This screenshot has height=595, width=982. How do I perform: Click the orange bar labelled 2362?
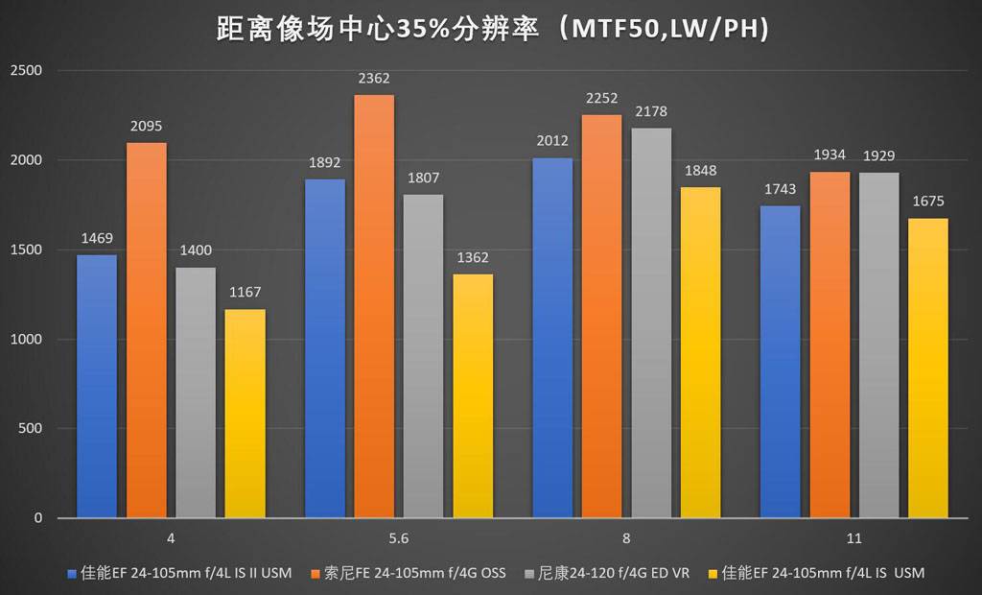(373, 307)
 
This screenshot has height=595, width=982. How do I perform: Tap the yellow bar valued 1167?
(245, 413)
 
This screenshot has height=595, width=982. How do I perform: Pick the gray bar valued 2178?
(651, 322)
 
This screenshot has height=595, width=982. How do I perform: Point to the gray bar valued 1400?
(196, 393)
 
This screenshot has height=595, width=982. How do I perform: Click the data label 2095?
(147, 126)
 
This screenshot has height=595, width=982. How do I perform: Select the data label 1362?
(473, 257)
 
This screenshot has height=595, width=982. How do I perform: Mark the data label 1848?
(700, 170)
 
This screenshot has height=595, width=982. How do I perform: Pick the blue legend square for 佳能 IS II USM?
(72, 574)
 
